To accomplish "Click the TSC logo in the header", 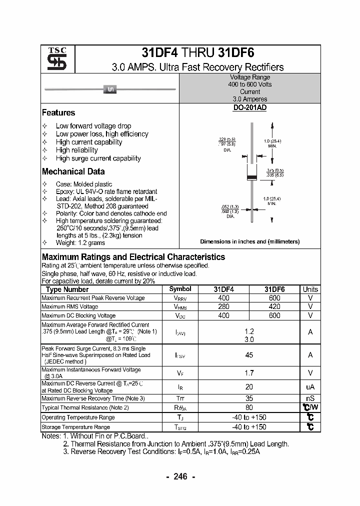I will click(53, 59).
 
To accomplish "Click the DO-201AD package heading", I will click(249, 107).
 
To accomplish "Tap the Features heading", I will click(58, 113).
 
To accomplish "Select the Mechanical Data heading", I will click(73, 171).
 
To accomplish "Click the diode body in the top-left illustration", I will click(109, 89).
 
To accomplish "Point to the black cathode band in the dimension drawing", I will click(253, 177).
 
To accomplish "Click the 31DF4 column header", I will click(223, 289).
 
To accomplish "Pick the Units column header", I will click(310, 289).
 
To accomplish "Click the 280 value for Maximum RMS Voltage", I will click(223, 306).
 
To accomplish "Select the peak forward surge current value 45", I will click(249, 355).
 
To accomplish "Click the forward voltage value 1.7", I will click(249, 373).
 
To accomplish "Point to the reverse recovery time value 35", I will click(249, 398).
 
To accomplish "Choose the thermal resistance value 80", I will click(249, 407).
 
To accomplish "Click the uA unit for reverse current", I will click(310, 387).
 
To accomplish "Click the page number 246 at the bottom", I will click(180, 476).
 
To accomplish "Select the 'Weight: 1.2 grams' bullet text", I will click(80, 243).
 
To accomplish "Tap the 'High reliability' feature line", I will click(77, 150).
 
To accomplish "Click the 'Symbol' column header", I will click(180, 289).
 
